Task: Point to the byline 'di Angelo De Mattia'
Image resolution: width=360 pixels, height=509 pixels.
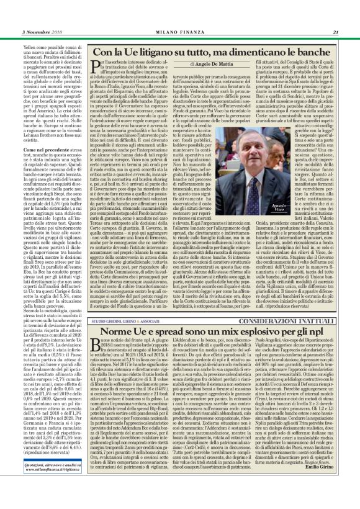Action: (x=179, y=64)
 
